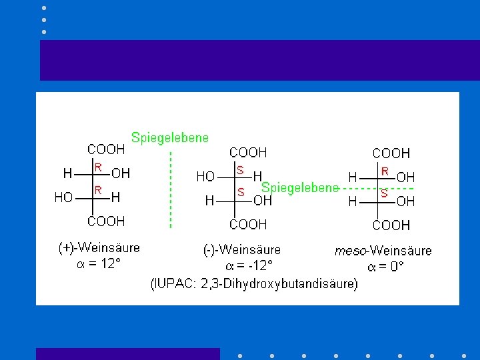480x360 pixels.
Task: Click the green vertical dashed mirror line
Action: coord(171,190)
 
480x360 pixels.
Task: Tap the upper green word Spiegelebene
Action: coord(169,138)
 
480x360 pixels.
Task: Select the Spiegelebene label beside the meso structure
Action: coord(299,188)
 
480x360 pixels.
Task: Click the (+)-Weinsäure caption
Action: coord(99,248)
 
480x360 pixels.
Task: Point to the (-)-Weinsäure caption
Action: coord(242,250)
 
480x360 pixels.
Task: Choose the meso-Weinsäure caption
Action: coord(383,251)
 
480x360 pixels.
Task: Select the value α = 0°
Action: coord(386,267)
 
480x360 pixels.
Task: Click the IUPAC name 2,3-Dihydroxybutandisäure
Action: coord(255,284)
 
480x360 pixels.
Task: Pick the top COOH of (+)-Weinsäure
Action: coord(106,150)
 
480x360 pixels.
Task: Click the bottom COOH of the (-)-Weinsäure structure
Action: coord(248,225)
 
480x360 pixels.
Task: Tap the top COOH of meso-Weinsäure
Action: coord(391,153)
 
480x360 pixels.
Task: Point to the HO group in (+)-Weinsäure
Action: coord(63,197)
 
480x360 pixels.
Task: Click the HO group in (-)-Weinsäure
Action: coord(205,177)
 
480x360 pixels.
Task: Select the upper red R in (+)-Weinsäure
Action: coord(98,167)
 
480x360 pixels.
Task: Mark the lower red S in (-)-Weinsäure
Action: coord(241,192)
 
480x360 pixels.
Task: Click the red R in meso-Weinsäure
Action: coord(385,171)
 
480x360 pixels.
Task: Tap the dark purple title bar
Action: coord(259,60)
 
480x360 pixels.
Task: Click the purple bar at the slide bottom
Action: coord(127,353)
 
